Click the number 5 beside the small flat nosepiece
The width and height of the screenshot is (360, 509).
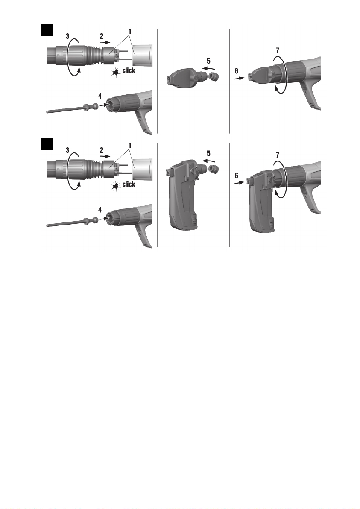click(x=208, y=61)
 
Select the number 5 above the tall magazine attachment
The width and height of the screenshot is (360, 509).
click(x=208, y=154)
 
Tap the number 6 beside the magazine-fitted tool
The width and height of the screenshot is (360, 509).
click(x=236, y=176)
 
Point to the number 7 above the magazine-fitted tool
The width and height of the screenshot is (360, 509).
click(x=277, y=155)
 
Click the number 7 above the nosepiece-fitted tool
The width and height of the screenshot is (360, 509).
click(x=277, y=51)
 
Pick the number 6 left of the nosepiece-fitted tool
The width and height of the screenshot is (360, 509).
click(x=236, y=71)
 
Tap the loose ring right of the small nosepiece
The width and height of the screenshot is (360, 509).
click(x=214, y=77)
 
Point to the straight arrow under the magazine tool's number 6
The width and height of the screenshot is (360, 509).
click(x=239, y=183)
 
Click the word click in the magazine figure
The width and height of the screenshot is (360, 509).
click(x=129, y=184)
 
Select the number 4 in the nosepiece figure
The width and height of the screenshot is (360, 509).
click(x=100, y=96)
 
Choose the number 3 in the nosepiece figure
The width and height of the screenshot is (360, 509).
click(x=67, y=36)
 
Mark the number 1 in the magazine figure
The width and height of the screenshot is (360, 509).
click(x=130, y=145)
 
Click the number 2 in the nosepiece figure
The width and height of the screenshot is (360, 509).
click(x=102, y=36)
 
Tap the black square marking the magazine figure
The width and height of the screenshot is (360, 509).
click(x=47, y=144)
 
